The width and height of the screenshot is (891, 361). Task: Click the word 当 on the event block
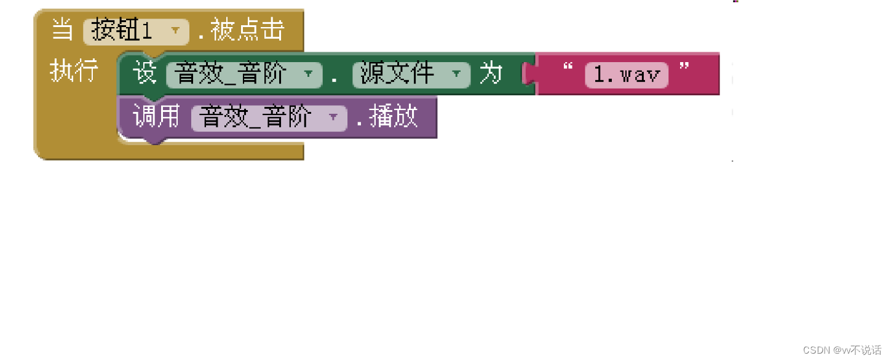tap(62, 30)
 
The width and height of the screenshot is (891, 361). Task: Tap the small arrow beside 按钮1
tap(176, 30)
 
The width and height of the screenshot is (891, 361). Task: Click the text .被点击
tap(242, 30)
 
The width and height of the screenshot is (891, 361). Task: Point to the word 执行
tap(74, 72)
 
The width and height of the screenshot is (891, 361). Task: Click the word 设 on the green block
tap(145, 73)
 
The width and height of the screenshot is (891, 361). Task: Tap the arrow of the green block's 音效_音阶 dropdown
tap(308, 74)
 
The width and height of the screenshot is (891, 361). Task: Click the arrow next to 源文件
tap(456, 74)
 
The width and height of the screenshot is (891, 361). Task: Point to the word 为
tap(491, 74)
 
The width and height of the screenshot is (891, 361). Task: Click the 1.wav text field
tap(626, 75)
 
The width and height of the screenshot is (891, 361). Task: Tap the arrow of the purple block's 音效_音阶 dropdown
tap(333, 117)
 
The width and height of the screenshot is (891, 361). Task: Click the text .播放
tap(387, 116)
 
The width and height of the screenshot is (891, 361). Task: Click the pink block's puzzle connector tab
tap(528, 74)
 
